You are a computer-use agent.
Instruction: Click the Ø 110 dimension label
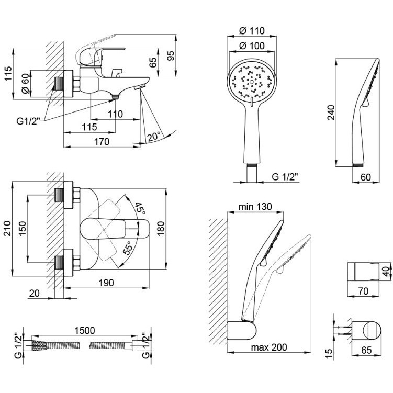(252, 31)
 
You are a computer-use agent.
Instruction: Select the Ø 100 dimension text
(252, 46)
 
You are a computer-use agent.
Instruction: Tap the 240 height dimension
(331, 113)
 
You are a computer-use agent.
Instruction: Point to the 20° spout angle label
(154, 137)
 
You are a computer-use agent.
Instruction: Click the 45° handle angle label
(140, 208)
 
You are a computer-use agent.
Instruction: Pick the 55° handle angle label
(128, 248)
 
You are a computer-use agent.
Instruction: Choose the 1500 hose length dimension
(85, 331)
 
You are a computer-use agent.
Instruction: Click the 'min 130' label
(255, 207)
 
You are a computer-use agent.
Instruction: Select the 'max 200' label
(269, 347)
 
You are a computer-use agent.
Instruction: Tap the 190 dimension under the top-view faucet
(106, 283)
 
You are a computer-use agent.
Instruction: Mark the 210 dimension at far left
(8, 228)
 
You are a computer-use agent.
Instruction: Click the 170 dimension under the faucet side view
(102, 142)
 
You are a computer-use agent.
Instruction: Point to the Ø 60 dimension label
(26, 83)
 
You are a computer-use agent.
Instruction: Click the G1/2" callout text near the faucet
(28, 121)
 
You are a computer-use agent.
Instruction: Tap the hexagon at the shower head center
(252, 82)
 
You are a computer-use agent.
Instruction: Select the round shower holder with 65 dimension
(366, 331)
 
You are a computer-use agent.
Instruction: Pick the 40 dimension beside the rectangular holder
(386, 271)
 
